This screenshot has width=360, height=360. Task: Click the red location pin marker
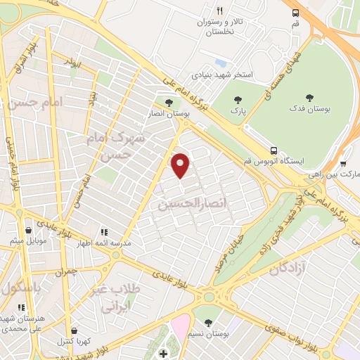181,165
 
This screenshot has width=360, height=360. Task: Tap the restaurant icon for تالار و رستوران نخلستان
219,11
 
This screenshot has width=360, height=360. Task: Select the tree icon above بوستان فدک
309,98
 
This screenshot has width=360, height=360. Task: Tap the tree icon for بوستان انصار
169,103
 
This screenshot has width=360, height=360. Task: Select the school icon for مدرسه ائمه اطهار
104,231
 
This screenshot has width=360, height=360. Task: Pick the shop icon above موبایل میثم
28,230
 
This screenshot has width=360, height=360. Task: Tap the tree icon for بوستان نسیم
208,323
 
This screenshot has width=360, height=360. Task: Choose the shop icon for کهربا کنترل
75,330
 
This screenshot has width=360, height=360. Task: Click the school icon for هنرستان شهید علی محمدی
20,307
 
